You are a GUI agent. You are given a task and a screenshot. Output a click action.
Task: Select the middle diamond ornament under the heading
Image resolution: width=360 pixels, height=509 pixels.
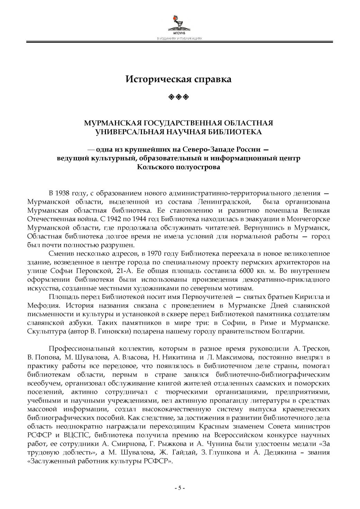179,96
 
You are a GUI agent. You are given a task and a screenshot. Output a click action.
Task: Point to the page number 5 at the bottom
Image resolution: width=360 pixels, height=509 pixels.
179,488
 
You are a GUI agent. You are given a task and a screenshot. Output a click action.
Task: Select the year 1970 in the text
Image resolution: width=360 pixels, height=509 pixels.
155,253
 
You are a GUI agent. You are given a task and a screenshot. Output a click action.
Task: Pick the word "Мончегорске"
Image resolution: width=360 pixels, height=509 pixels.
309,219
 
